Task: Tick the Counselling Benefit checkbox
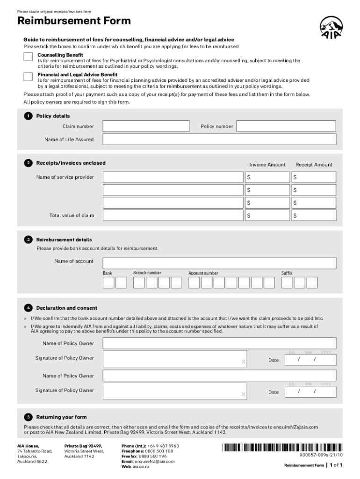coord(28,57)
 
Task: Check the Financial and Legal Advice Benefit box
coord(28,77)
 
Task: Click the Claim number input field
coord(146,126)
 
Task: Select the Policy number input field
coord(286,126)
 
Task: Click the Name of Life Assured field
coord(219,139)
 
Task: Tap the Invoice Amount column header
coord(267,165)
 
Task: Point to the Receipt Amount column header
coord(314,165)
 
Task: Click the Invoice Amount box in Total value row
coord(267,215)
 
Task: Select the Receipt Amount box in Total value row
coord(313,215)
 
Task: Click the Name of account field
coord(219,263)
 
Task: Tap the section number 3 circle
coord(29,239)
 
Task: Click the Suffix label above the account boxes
coord(287,273)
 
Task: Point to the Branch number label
coord(147,273)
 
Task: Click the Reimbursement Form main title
coord(74,21)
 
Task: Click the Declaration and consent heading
coord(67,308)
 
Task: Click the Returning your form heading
coord(61,417)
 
